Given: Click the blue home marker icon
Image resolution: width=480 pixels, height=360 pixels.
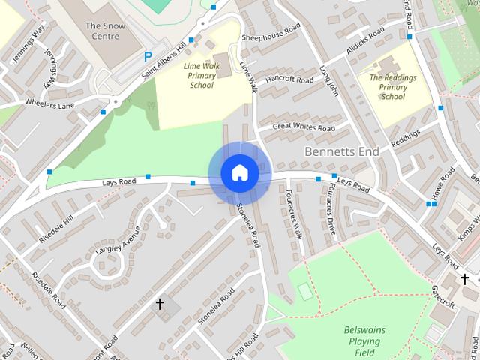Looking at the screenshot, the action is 240,173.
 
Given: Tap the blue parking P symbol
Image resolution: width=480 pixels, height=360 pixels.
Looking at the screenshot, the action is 148,56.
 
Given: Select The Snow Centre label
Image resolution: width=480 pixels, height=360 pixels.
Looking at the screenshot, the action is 103,30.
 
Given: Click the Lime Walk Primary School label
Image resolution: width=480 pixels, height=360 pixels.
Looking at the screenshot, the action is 198,75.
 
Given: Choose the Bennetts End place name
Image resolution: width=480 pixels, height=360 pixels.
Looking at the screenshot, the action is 342,151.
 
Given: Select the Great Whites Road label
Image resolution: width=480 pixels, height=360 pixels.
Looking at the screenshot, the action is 304,128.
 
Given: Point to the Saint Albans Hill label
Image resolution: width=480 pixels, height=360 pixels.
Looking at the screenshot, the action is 164,58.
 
